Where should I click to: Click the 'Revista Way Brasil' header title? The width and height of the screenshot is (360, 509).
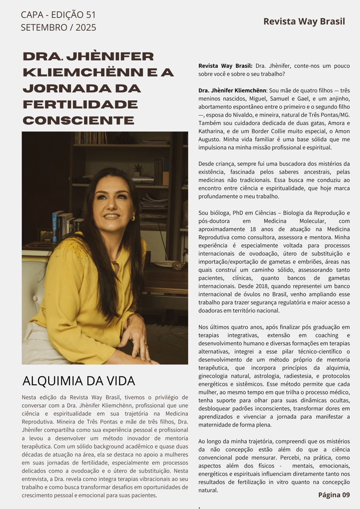point(304,21)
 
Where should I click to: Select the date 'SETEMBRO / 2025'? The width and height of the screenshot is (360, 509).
point(58,28)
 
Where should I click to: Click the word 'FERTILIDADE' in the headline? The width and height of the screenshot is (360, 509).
point(80,104)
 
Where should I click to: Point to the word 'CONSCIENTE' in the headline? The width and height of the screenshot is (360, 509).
point(78,120)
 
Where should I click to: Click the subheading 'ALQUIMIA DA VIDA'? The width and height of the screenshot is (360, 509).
point(79,381)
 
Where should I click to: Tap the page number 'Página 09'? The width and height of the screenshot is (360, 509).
point(334,495)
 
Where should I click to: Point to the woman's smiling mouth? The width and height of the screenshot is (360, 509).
point(112,216)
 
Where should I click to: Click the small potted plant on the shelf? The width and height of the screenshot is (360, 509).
point(138,170)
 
